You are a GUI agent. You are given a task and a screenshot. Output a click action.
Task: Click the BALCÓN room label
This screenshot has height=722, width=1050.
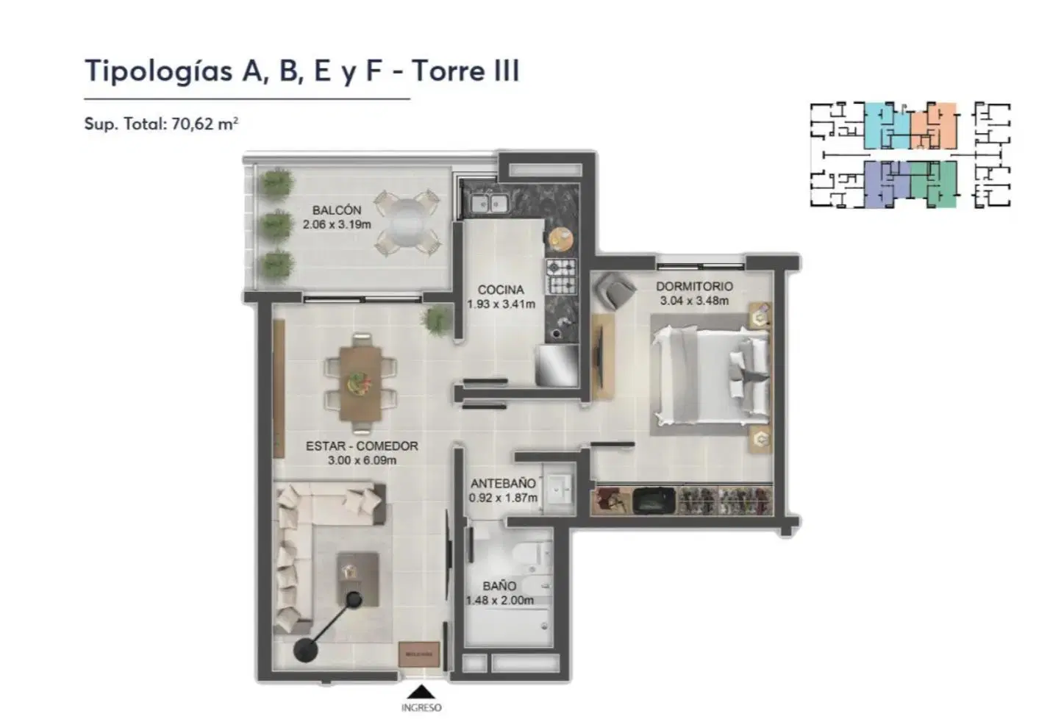coord(337,210)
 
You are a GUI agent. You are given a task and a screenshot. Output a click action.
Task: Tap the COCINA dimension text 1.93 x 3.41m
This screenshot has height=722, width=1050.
coord(501,304)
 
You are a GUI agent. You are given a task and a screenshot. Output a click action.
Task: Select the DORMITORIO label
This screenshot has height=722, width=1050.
coord(694,286)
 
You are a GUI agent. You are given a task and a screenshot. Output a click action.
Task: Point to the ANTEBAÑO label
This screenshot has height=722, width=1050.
coord(503,483)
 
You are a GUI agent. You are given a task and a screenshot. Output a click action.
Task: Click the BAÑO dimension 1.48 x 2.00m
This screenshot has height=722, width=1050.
coord(500,601)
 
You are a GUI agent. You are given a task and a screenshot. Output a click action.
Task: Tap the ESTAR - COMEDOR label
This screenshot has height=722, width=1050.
coord(362,446)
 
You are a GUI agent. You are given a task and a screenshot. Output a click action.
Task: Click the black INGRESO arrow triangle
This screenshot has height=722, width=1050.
coord(421,692)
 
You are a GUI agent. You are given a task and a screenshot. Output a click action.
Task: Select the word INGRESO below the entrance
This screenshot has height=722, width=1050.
coord(421,707)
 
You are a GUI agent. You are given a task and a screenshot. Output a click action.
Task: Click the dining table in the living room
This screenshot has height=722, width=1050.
coord(360,383)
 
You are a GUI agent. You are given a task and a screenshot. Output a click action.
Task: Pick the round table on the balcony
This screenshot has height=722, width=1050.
coord(407,223)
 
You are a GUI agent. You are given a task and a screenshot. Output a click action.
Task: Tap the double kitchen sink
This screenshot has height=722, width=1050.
coord(489,204)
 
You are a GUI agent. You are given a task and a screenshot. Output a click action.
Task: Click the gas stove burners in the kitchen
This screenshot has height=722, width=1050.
coord(561,276)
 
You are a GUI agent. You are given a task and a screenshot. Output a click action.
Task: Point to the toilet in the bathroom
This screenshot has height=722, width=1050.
coord(533,555)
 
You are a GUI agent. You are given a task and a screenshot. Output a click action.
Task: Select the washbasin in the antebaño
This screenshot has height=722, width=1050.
coord(559,490)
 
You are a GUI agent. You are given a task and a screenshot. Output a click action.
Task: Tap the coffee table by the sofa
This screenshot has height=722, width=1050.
coord(358,579)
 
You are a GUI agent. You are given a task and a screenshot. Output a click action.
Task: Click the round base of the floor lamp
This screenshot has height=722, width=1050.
coord(306,650)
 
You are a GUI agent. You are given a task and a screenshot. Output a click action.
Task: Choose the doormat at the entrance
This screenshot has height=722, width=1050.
coord(419,654)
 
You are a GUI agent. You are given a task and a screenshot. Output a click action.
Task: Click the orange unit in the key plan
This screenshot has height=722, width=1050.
coord(934,126)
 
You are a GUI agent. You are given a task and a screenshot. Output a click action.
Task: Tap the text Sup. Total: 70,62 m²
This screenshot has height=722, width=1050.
coord(161,124)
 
